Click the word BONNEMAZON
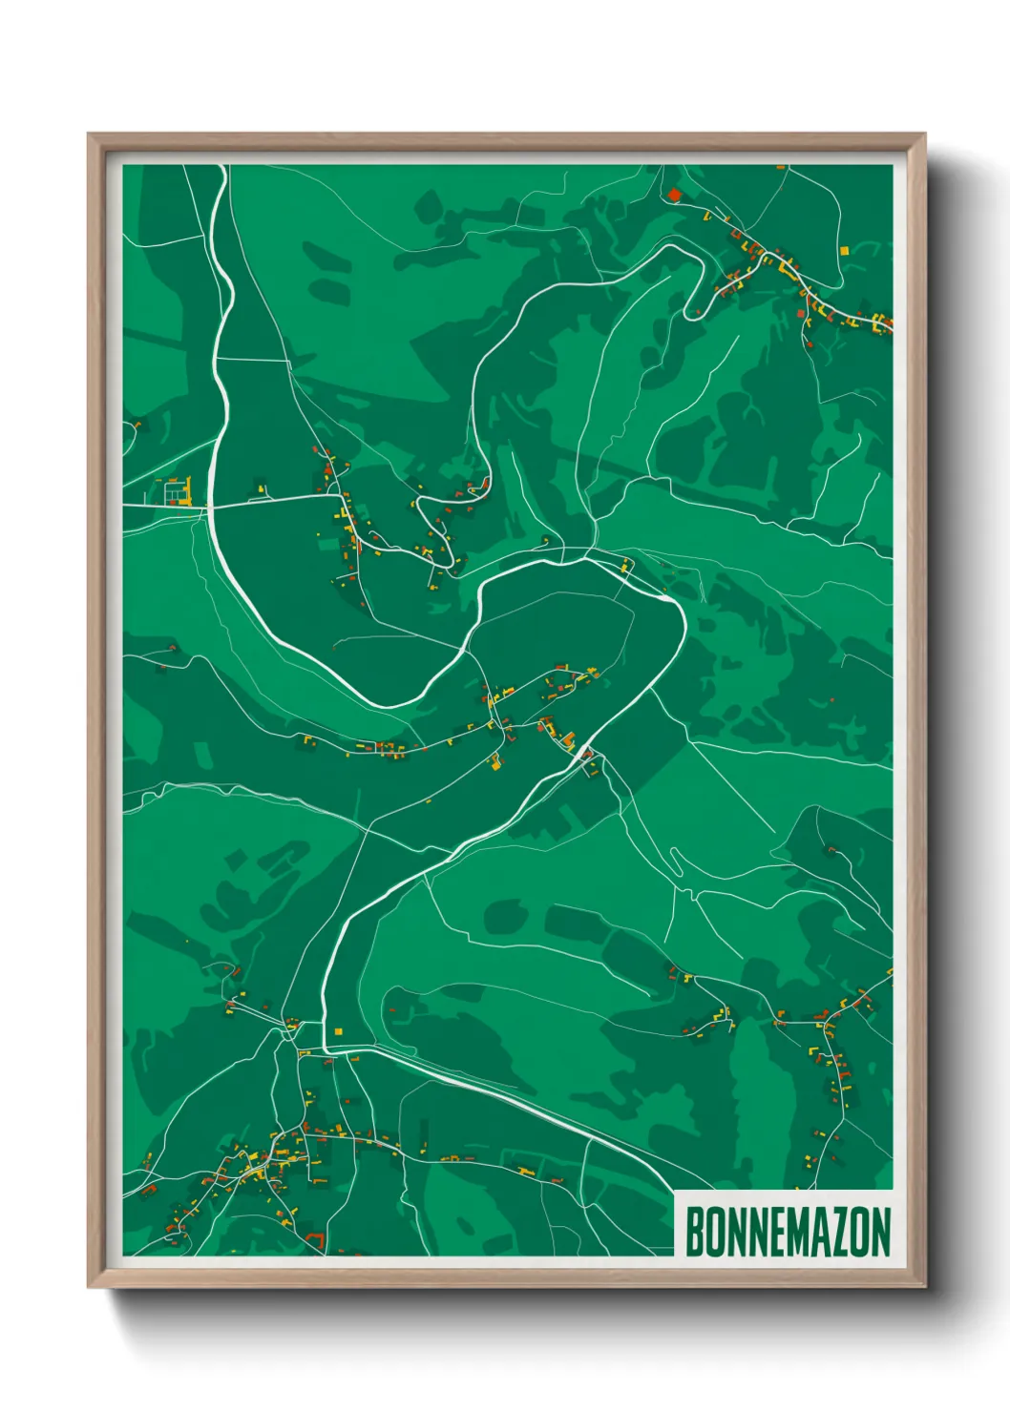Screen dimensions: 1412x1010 (x=788, y=1232)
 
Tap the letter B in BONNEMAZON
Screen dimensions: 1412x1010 (x=695, y=1232)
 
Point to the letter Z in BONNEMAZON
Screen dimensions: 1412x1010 (x=837, y=1232)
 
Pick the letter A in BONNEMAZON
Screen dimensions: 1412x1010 (x=816, y=1232)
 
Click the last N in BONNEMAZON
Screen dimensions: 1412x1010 (x=880, y=1232)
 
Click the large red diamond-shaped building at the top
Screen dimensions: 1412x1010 (x=674, y=196)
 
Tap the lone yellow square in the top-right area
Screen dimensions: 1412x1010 (x=844, y=251)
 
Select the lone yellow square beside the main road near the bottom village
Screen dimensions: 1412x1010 (x=338, y=1030)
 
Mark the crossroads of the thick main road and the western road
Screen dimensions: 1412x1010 (x=210, y=506)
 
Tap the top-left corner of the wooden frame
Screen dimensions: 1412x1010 (x=89, y=135)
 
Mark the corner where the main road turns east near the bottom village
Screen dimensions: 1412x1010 (x=326, y=1049)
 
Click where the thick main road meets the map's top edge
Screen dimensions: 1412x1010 (x=223, y=166)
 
